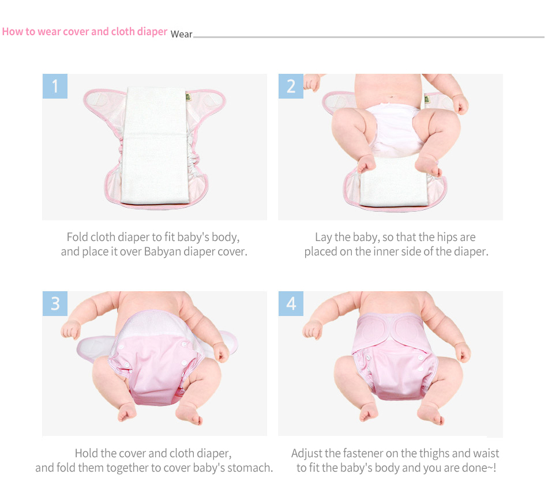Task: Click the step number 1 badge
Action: click(55, 86)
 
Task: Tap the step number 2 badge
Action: click(291, 86)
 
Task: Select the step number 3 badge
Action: click(55, 303)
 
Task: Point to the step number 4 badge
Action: click(291, 303)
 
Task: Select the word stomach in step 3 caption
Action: click(250, 468)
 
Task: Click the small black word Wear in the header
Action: click(181, 34)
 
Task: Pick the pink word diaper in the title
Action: click(152, 32)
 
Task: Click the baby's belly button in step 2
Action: click(392, 97)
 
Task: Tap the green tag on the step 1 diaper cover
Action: click(188, 97)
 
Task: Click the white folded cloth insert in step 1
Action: click(154, 145)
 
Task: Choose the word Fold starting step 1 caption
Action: click(77, 237)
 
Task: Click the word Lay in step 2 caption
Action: click(323, 238)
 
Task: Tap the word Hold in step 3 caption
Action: click(87, 453)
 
